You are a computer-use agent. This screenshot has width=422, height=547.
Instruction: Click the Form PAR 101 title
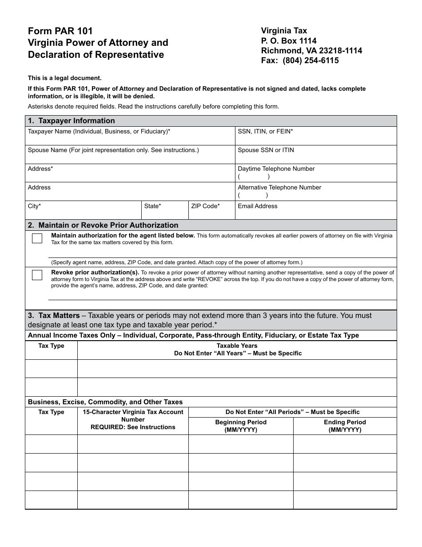click(60, 31)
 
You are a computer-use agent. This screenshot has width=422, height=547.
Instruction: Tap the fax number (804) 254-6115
click(300, 60)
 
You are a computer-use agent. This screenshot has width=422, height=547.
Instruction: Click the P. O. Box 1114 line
click(289, 41)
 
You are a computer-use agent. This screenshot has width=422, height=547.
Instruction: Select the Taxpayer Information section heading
click(71, 121)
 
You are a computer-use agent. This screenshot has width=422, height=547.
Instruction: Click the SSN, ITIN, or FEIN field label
click(265, 132)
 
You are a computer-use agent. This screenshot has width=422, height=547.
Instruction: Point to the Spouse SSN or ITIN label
click(266, 150)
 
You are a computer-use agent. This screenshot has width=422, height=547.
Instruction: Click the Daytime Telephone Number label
click(276, 169)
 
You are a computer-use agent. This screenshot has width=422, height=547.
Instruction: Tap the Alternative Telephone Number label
click(279, 188)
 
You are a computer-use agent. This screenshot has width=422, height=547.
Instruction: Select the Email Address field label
click(257, 206)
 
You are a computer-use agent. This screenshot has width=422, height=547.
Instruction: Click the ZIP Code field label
click(205, 206)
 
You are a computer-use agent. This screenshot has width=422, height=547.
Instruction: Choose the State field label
click(152, 206)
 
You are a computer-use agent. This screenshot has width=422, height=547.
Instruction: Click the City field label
click(34, 206)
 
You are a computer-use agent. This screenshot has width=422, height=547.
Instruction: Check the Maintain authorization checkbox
click(37, 238)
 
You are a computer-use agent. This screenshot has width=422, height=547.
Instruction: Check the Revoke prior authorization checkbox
click(37, 275)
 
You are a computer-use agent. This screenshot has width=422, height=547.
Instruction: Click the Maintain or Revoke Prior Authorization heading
click(103, 225)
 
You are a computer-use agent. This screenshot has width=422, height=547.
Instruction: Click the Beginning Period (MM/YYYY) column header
click(241, 426)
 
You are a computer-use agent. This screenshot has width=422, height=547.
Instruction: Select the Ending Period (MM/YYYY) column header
click(345, 426)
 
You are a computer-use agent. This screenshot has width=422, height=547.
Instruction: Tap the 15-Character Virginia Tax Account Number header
click(133, 419)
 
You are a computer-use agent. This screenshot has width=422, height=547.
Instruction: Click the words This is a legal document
click(65, 78)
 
